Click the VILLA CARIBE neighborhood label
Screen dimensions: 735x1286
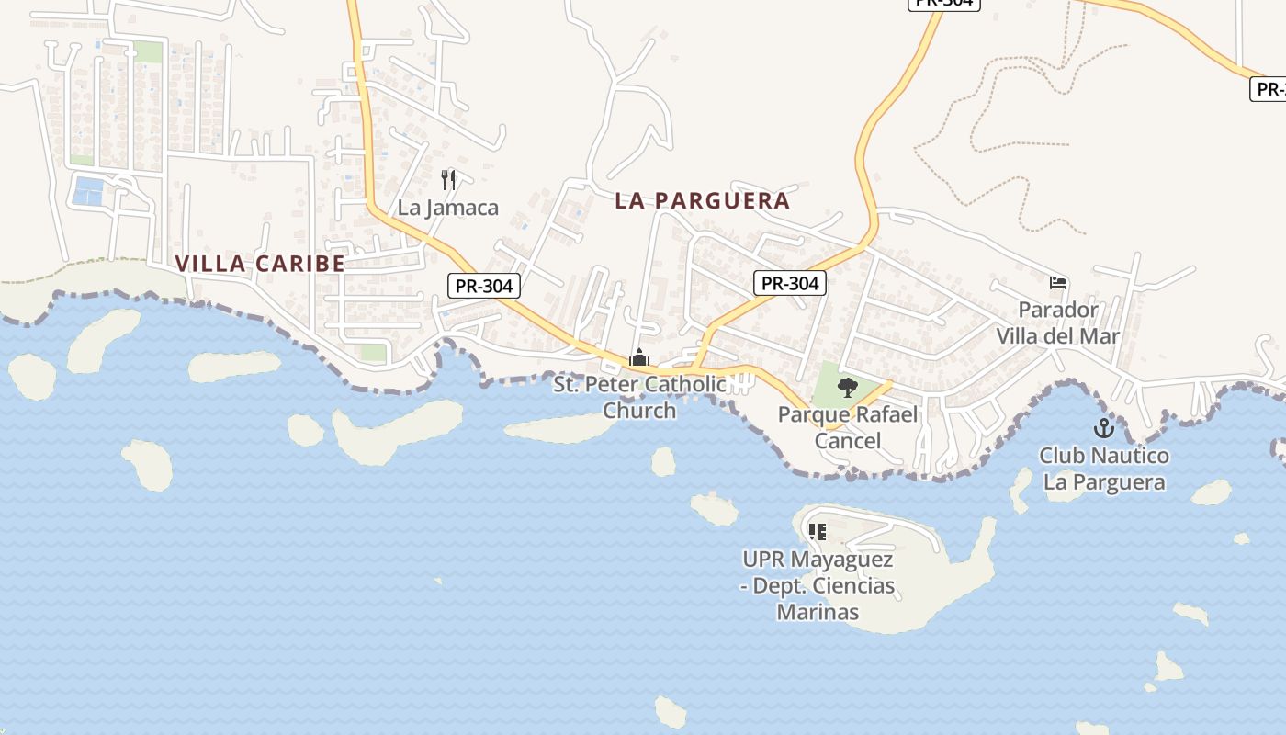click(x=260, y=264)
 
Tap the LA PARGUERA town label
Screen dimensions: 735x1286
click(x=702, y=201)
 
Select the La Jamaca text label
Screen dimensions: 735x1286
click(x=447, y=208)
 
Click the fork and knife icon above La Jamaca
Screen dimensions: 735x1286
click(x=448, y=179)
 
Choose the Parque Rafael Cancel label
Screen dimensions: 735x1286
click(x=848, y=427)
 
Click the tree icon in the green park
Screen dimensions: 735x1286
click(x=848, y=387)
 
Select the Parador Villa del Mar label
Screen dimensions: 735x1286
click(x=1058, y=322)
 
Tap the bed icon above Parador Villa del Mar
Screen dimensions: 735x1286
click(x=1058, y=283)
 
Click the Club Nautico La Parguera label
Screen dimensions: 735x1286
click(x=1103, y=469)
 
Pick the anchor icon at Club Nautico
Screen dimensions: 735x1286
click(x=1103, y=428)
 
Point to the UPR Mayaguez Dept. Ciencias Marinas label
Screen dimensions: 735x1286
click(x=818, y=585)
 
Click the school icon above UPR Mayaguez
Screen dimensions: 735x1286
click(x=817, y=531)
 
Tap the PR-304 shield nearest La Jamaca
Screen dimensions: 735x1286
click(x=484, y=286)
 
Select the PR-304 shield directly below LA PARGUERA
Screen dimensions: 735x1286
click(x=790, y=283)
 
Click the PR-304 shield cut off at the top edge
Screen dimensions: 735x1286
click(x=943, y=4)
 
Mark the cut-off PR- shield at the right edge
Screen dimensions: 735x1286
click(x=1269, y=89)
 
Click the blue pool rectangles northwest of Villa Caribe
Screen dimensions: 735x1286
click(x=90, y=191)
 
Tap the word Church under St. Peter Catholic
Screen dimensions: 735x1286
click(x=639, y=411)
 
